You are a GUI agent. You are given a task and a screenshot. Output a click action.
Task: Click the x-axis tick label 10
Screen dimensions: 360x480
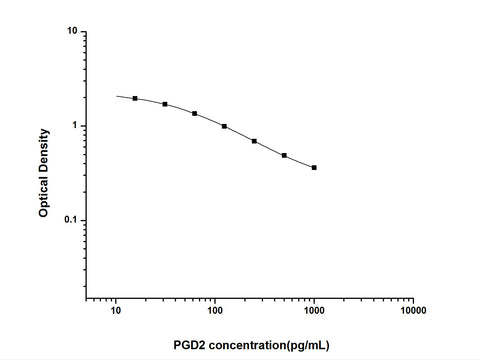[x=116, y=311]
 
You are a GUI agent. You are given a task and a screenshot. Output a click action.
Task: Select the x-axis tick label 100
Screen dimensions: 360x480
[x=214, y=311]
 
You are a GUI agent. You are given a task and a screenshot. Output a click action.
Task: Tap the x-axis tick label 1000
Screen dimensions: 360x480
[x=314, y=311]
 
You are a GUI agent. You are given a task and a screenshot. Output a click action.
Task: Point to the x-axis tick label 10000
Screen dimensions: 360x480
[x=413, y=311]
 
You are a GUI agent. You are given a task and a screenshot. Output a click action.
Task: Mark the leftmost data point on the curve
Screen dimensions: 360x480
[x=135, y=99]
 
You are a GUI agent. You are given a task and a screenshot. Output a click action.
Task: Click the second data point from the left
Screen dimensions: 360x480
[x=165, y=104]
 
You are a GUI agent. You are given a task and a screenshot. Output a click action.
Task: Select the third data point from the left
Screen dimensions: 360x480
[x=194, y=113]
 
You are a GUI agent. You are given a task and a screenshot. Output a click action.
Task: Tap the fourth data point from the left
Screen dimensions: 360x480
[x=224, y=126]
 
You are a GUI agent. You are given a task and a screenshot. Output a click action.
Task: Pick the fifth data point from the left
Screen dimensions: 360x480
[x=254, y=141]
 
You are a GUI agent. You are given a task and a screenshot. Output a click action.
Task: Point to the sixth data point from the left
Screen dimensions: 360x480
[x=284, y=155]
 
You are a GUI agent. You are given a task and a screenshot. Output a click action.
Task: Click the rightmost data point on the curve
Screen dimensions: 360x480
[x=314, y=167]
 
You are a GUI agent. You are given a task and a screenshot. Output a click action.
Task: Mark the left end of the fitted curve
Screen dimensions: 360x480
[x=116, y=96]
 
